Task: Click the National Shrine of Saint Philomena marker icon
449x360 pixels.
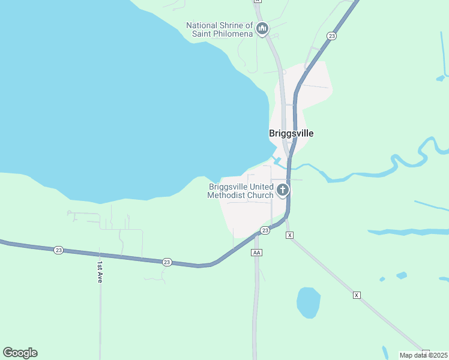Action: (x=262, y=28)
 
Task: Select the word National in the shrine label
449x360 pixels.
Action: (x=202, y=25)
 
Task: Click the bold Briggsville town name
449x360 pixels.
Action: (x=291, y=133)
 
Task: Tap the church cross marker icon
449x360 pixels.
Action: (x=282, y=191)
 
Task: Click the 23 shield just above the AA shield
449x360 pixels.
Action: (x=265, y=230)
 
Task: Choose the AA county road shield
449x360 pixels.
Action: (x=256, y=253)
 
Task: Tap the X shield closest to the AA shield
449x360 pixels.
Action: (x=289, y=235)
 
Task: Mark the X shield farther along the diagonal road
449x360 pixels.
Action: (x=357, y=295)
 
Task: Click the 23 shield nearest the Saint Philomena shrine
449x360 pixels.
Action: (x=331, y=36)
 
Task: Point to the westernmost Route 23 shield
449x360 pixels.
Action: (x=58, y=250)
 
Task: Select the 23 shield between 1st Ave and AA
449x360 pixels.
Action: (x=167, y=262)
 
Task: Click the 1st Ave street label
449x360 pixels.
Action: (x=100, y=272)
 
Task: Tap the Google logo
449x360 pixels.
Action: (x=20, y=353)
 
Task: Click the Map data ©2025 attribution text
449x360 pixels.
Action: (x=424, y=355)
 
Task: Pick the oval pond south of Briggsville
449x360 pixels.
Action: (x=308, y=302)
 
